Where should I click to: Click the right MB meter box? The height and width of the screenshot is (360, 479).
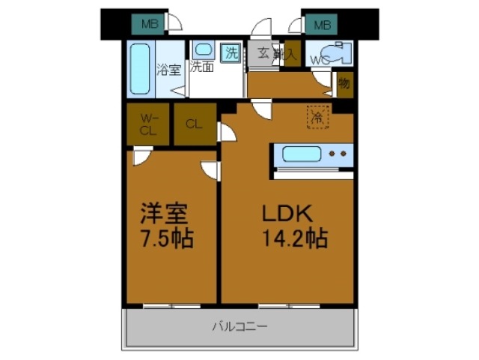(321, 25)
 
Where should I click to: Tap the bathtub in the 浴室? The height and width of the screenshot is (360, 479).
(140, 68)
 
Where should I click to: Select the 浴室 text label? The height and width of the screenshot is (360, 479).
(168, 70)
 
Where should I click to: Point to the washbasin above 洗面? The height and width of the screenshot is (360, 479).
(204, 51)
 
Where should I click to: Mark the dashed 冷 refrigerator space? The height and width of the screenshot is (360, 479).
(317, 117)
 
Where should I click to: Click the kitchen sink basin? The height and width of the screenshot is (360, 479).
(302, 155)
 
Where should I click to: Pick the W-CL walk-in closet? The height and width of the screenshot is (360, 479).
(147, 124)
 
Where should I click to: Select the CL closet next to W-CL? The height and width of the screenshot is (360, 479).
(194, 124)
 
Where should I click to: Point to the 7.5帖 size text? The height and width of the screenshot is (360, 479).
(165, 240)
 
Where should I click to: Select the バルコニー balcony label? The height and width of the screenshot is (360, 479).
(239, 326)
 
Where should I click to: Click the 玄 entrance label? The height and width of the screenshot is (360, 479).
(263, 52)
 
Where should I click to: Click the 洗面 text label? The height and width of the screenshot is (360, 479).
(201, 67)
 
